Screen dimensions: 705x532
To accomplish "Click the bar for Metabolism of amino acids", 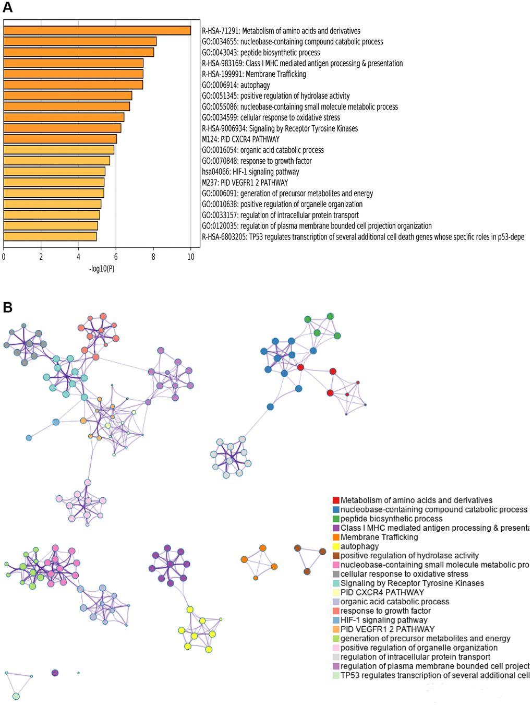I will pos(97,31).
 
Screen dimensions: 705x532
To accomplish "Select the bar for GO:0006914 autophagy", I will pos(73,85).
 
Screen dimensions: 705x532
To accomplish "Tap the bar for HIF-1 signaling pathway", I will pos(54,172).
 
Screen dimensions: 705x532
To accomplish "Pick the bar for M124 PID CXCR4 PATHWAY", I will pos(60,139).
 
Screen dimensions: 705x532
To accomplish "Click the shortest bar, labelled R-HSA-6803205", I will pos(50,237).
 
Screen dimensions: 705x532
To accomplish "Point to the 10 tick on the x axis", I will pos(191,257).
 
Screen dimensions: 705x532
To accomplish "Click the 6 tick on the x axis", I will pos(116,257).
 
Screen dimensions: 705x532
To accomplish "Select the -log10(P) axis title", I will pos(102,269).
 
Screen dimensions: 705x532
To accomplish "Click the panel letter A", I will pos(7,7).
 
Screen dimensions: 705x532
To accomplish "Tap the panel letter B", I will pos(7,307).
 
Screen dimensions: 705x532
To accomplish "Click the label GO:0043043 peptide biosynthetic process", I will pos(261,53).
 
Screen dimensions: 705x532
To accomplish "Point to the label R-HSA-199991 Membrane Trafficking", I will pos(254,74).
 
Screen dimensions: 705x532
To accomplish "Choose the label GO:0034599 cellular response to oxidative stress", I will pos(271,118).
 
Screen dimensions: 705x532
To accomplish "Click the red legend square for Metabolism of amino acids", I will pos(336,500).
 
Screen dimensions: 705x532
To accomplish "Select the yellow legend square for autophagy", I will pos(336,546).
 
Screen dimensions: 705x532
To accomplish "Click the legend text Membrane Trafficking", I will pos(379,537).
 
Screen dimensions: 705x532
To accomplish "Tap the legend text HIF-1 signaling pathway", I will pos(384,620).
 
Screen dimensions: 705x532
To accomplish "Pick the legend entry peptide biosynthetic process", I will pos(391,519).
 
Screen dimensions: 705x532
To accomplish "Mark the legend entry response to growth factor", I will pos(385,611).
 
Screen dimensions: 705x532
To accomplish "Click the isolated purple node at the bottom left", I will pos(55,673).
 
